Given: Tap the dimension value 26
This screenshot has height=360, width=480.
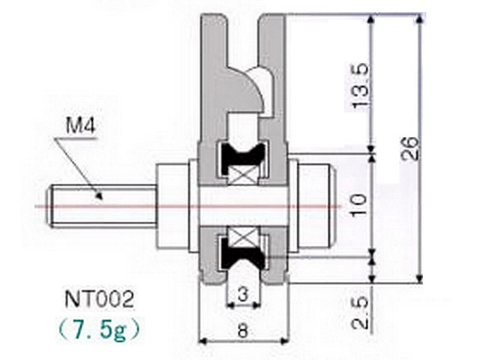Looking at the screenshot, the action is (409, 148).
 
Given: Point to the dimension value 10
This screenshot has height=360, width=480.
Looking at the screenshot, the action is (358, 205).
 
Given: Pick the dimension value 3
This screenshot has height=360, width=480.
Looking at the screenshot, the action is (242, 294).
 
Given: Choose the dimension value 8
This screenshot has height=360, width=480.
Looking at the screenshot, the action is (242, 331).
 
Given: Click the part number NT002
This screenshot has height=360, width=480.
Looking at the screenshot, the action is (100, 299).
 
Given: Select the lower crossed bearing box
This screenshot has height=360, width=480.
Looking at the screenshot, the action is (244, 238).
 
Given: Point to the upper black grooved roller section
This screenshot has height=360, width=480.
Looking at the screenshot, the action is (242, 156).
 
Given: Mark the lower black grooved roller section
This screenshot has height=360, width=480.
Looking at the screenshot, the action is (242, 253).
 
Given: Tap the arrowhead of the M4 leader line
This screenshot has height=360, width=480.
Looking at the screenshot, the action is (98, 196).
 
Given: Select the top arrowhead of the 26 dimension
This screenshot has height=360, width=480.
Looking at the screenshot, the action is (421, 19).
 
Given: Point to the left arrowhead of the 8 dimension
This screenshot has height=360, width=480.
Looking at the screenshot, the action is (203, 340).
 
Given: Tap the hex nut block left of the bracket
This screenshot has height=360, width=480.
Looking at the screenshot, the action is (172, 205).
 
